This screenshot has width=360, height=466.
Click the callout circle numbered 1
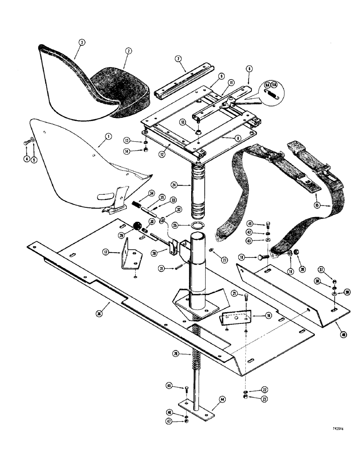click(108, 137)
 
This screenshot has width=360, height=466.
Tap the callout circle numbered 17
click(107, 252)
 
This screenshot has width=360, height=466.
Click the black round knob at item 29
click(138, 226)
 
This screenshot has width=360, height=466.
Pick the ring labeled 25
click(198, 227)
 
